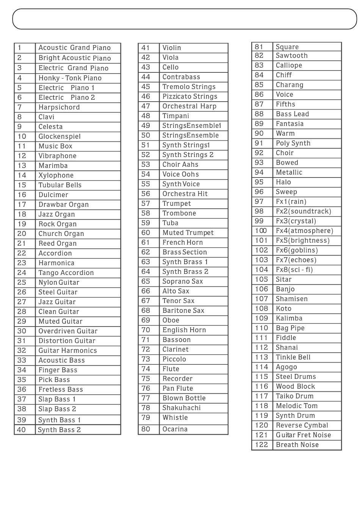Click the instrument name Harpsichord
(x=59, y=107)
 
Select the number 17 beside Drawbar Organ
(x=22, y=204)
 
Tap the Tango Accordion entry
(x=66, y=273)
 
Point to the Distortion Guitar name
(x=67, y=341)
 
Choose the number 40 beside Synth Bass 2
(x=21, y=430)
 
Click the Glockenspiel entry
(x=59, y=137)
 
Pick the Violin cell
(x=172, y=48)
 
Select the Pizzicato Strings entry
(x=190, y=96)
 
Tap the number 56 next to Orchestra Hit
(x=146, y=194)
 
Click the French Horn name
(x=183, y=242)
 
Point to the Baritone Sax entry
(x=183, y=310)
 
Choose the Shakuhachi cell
(x=182, y=408)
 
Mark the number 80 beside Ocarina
(x=146, y=429)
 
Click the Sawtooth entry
(x=292, y=56)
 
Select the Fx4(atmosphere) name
(x=305, y=231)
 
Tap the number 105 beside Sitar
(x=261, y=279)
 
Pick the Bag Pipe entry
(x=290, y=328)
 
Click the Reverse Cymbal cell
(x=302, y=425)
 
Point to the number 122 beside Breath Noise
(x=261, y=444)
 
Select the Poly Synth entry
(x=293, y=143)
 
